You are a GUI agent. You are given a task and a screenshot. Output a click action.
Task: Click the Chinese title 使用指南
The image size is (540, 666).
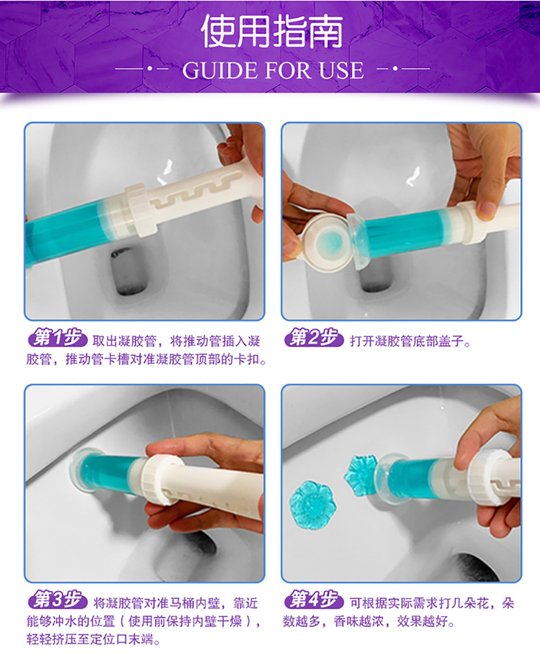272,32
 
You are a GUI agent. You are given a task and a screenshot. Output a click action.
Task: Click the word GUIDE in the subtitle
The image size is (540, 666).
220,71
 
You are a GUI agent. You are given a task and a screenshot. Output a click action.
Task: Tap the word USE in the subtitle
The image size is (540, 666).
342,71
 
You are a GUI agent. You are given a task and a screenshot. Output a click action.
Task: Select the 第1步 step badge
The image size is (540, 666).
58,338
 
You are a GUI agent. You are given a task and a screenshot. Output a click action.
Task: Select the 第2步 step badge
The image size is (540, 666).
314,338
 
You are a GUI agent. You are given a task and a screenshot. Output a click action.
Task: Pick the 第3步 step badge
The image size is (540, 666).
58,600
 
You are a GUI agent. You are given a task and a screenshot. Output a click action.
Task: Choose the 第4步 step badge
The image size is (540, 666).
314,600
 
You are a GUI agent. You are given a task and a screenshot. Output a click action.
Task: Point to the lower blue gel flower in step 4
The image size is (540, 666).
312,505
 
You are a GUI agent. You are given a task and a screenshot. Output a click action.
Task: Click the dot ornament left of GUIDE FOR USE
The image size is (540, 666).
149,68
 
